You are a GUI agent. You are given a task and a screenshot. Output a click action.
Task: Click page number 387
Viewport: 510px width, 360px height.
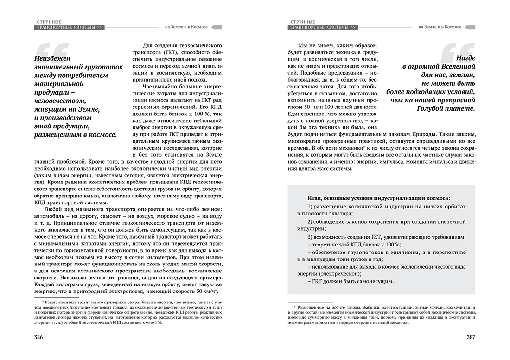471,337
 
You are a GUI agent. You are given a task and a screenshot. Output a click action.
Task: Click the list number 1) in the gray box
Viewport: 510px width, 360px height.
310,206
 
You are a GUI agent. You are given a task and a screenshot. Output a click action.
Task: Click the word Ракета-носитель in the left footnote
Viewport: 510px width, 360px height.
58,302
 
